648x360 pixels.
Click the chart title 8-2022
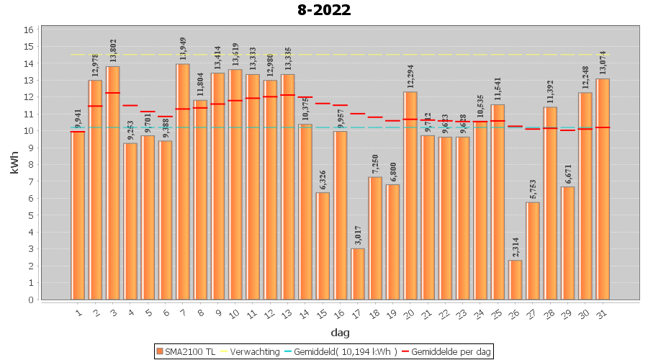[323, 10]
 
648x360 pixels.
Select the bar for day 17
[358, 274]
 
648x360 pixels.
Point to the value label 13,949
[183, 50]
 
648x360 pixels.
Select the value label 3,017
[358, 235]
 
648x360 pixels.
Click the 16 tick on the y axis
[29, 30]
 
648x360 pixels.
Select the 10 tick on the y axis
[29, 131]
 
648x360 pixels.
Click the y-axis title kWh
[14, 163]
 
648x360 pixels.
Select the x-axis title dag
[341, 332]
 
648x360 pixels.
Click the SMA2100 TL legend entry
[186, 351]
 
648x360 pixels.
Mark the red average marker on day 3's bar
[113, 93]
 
